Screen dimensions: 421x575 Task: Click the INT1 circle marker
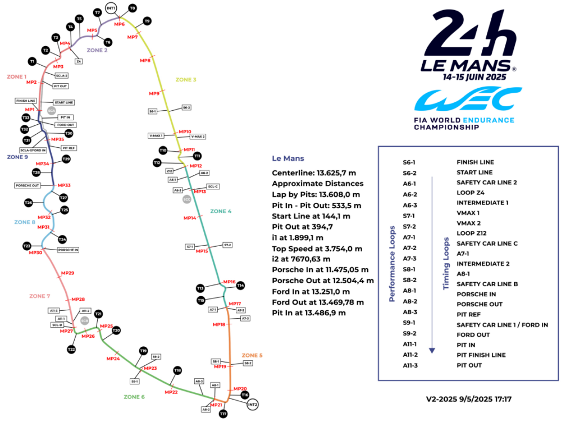[x=111, y=9]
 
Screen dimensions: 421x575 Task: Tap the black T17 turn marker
[x=223, y=414]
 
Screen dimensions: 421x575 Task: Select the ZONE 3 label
[x=186, y=80]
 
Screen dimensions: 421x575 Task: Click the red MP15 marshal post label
[x=202, y=251]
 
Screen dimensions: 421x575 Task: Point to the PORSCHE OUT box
[x=26, y=185]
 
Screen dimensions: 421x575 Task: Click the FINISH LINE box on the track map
[x=26, y=101]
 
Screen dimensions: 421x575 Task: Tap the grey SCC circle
[x=187, y=200]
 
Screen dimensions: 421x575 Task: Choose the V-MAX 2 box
[x=198, y=136]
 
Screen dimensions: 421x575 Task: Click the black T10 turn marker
[x=163, y=150]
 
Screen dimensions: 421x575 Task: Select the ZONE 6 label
[x=134, y=397]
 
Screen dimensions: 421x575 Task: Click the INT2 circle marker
[x=253, y=404]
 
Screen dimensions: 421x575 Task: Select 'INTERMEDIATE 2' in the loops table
[x=483, y=264]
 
